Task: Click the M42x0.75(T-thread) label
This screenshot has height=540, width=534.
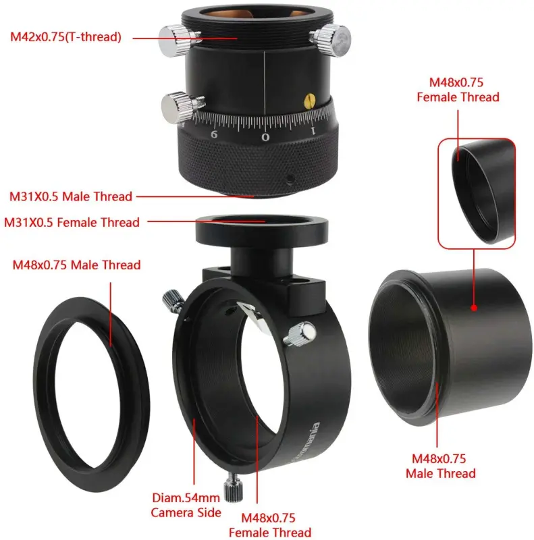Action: [x=65, y=37]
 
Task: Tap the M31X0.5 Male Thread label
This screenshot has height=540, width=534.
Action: [x=71, y=196]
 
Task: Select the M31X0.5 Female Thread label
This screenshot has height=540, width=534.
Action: [x=72, y=222]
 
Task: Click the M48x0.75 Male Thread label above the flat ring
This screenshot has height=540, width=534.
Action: [x=77, y=265]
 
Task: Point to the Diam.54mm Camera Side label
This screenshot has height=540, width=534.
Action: [x=186, y=506]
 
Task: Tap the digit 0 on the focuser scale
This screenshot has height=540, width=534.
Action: [x=266, y=137]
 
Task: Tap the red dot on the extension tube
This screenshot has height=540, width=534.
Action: [x=474, y=308]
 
